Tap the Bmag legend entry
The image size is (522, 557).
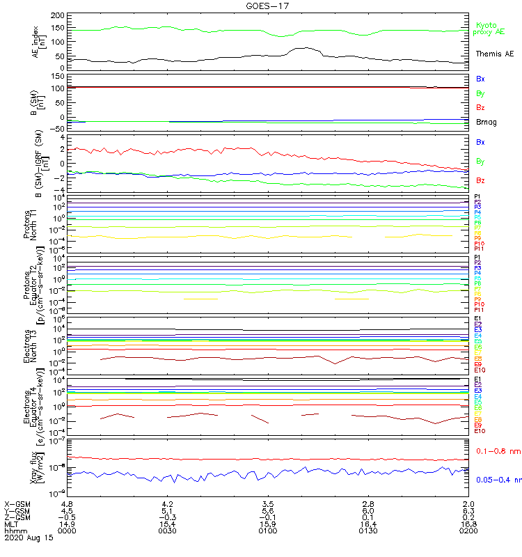(x=486, y=123)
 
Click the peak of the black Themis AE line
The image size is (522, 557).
(x=304, y=48)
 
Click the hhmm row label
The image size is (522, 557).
(x=14, y=531)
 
